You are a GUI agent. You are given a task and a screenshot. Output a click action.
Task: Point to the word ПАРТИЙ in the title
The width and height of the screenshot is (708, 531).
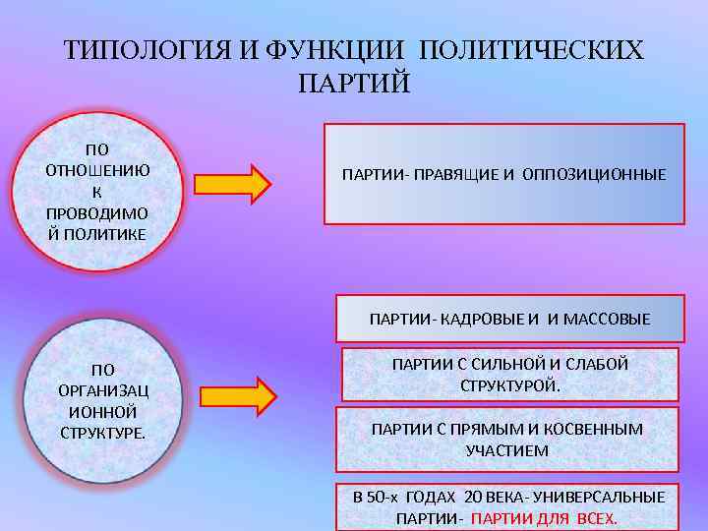352,83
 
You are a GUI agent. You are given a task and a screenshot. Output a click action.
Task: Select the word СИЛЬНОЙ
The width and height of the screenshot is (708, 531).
518,365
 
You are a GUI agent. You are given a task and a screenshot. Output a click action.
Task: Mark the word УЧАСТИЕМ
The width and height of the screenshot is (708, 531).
507,450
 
